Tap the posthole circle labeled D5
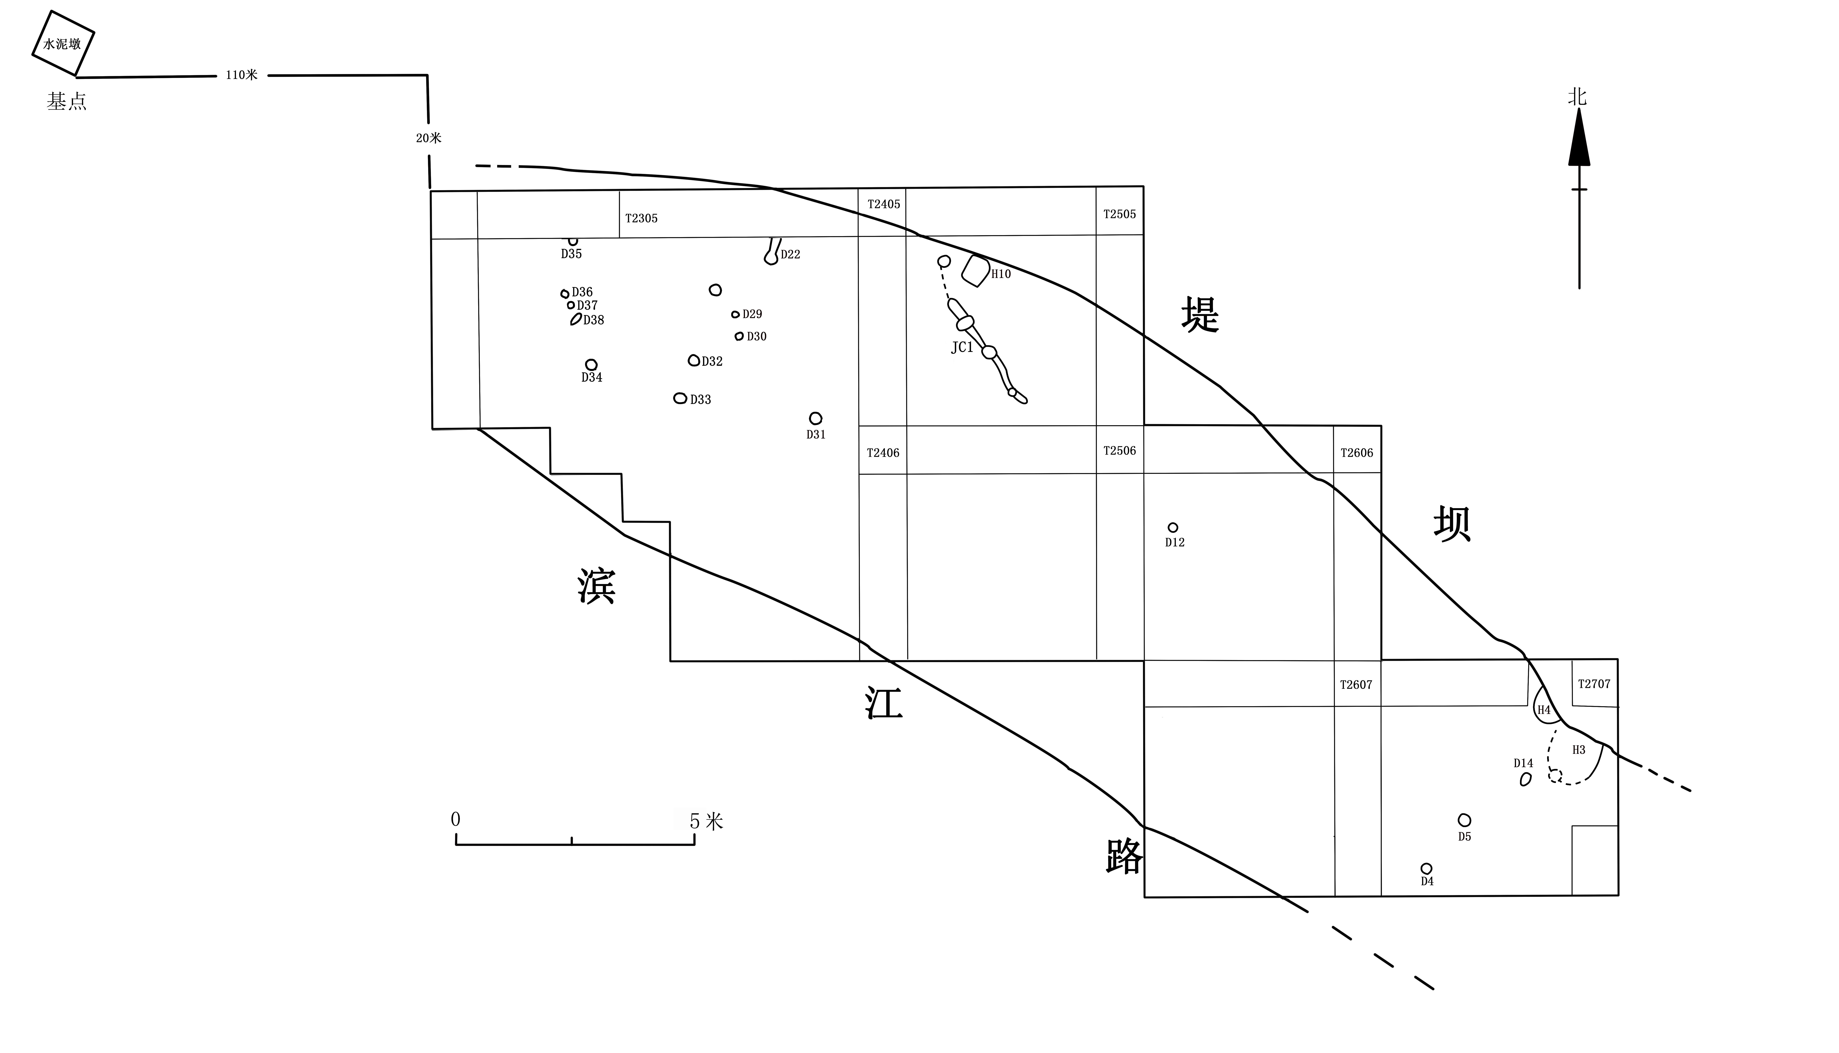(x=1464, y=820)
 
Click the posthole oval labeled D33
(x=680, y=398)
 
